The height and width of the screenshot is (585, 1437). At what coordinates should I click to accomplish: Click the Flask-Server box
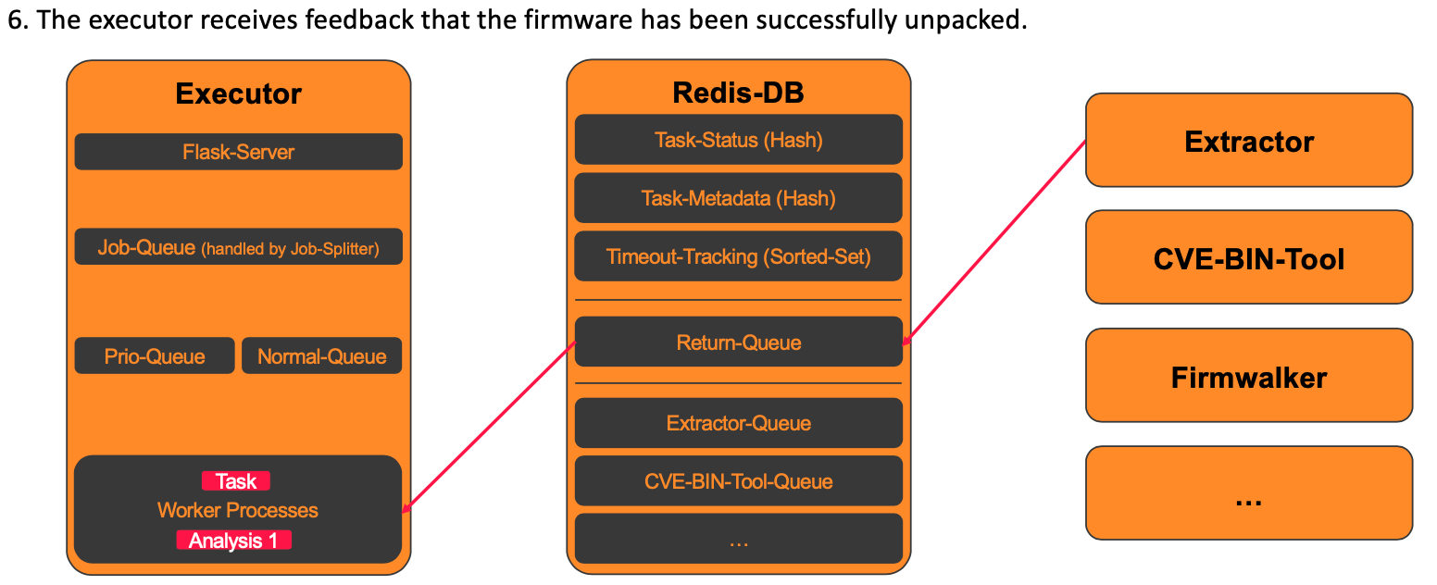pyautogui.click(x=239, y=152)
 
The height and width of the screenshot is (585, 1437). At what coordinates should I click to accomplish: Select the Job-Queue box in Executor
pyautogui.click(x=239, y=247)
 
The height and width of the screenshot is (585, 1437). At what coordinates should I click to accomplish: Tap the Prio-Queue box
pyautogui.click(x=155, y=356)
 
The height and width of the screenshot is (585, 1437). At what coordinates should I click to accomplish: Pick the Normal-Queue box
pyautogui.click(x=322, y=356)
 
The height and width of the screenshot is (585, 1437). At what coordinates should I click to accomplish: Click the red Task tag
pyautogui.click(x=236, y=481)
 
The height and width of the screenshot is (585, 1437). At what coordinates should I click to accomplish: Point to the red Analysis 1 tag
pyautogui.click(x=234, y=540)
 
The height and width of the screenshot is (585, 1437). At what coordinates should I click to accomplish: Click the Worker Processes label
pyautogui.click(x=238, y=510)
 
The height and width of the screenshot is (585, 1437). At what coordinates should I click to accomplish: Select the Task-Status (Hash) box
pyautogui.click(x=738, y=140)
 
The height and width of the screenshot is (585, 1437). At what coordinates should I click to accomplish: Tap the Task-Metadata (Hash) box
pyautogui.click(x=738, y=198)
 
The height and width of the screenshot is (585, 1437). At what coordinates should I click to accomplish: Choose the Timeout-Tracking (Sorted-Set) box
pyautogui.click(x=738, y=256)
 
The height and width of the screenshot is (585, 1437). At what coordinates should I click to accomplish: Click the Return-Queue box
pyautogui.click(x=738, y=342)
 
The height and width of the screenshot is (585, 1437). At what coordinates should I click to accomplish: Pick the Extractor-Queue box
pyautogui.click(x=738, y=423)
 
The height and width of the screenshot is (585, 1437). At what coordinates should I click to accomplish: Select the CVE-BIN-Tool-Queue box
pyautogui.click(x=738, y=481)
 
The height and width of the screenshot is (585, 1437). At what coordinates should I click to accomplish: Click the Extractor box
pyautogui.click(x=1249, y=141)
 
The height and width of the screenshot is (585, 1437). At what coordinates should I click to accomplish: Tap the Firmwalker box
pyautogui.click(x=1249, y=376)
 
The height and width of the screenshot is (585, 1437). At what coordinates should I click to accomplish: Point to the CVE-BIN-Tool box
pyautogui.click(x=1249, y=258)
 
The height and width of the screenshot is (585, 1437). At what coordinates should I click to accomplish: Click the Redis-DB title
pyautogui.click(x=738, y=93)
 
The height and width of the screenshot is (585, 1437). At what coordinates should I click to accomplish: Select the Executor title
pyautogui.click(x=239, y=93)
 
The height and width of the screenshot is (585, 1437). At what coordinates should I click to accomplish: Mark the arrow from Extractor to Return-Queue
pyautogui.click(x=994, y=243)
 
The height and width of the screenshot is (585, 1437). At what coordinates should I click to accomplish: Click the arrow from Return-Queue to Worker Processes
pyautogui.click(x=489, y=428)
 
